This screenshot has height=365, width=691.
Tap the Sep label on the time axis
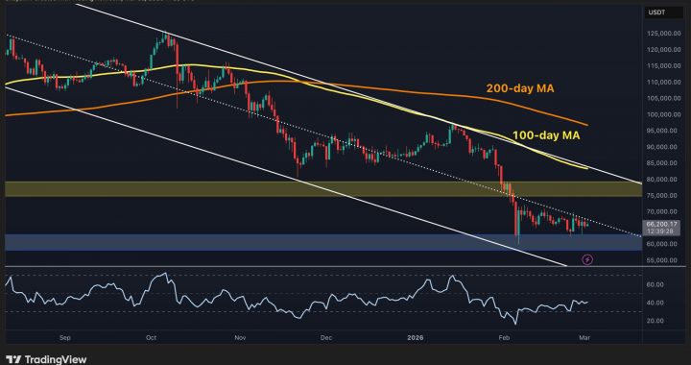click(x=65, y=339)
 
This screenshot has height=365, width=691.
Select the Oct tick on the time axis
click(x=152, y=339)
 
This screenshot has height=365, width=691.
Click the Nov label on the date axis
click(x=239, y=339)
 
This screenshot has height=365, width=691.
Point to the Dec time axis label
click(x=326, y=339)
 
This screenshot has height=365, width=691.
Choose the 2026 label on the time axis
click(x=415, y=339)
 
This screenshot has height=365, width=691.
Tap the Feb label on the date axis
click(x=503, y=339)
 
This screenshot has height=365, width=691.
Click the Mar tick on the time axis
click(x=587, y=339)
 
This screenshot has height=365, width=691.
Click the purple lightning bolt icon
click(x=587, y=258)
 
